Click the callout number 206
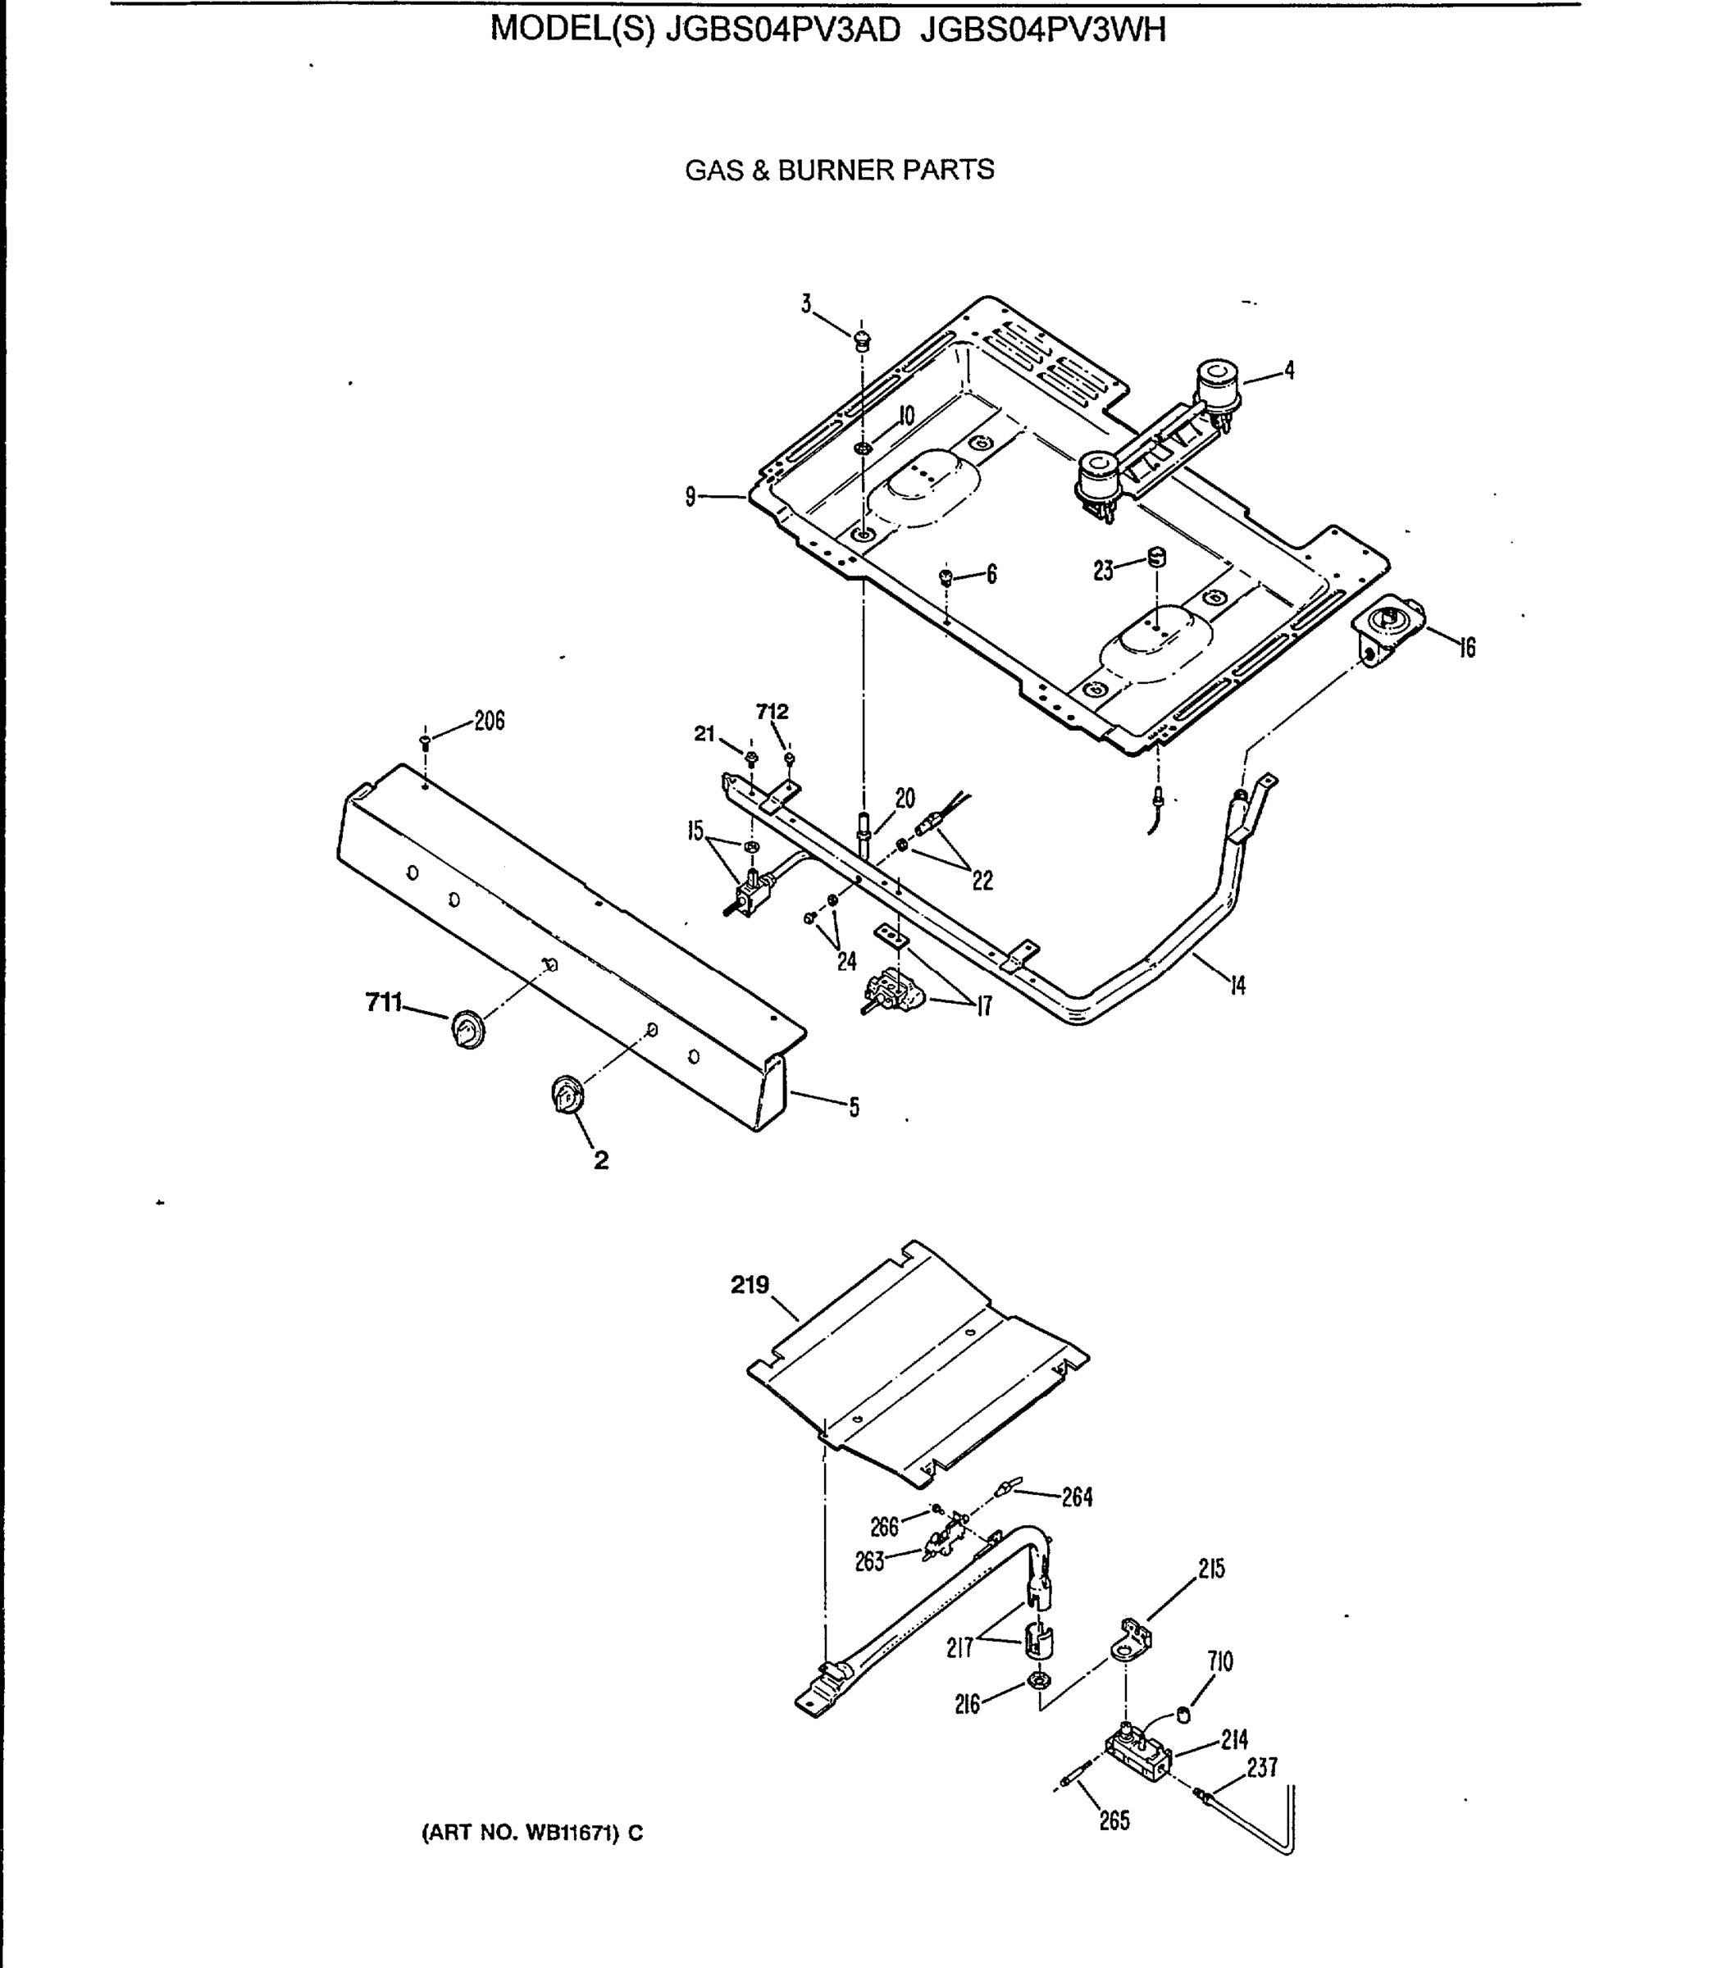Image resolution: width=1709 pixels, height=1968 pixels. point(490,721)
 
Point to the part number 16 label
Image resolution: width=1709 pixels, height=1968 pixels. point(1467,649)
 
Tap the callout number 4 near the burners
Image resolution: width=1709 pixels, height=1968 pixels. point(1289,371)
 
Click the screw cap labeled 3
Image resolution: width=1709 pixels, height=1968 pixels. point(862,339)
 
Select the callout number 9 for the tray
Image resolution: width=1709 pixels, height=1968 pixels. point(690,496)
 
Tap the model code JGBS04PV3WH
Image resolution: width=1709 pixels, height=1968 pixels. point(1043,31)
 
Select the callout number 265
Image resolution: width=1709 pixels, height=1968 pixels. point(1114,1820)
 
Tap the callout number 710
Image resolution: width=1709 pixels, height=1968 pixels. point(1219,1662)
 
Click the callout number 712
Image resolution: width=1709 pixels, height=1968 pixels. point(772,713)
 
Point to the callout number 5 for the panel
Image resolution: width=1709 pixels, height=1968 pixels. point(854,1107)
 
